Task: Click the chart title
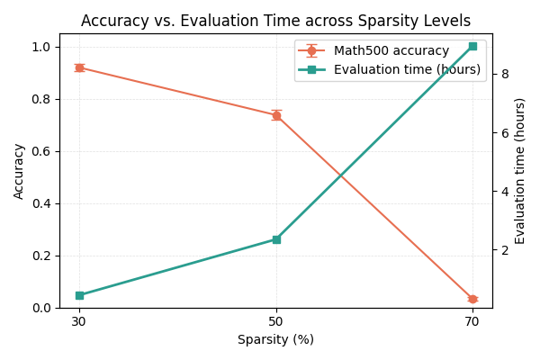pos(275,21)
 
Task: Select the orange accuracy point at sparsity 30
pos(79,67)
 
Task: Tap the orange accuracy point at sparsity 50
pos(276,115)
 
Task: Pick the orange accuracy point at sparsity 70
pos(472,299)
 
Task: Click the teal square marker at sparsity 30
pos(79,295)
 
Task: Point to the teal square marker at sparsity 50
pos(276,239)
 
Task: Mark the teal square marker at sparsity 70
pos(472,46)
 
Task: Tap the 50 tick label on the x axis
pos(276,321)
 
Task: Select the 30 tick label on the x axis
pos(79,321)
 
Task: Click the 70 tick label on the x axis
pos(472,321)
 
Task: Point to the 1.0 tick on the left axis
pos(42,47)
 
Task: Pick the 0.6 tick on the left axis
pos(42,151)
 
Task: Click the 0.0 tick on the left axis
pos(42,308)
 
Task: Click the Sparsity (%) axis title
pos(275,340)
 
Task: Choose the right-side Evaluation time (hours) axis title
pos(520,171)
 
